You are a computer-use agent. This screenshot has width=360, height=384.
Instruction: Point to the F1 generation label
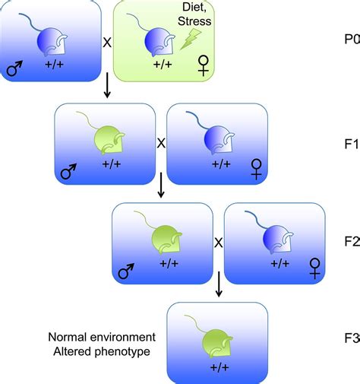coord(352,141)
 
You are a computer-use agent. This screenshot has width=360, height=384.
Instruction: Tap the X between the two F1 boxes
coord(160,141)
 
